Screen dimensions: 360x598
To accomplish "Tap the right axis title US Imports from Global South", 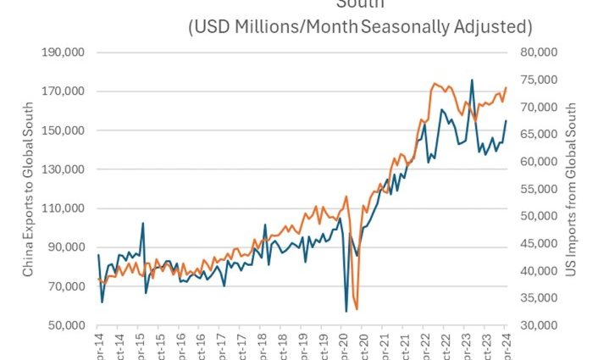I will (572, 189).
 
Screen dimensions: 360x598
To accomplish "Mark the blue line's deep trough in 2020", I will (346, 311).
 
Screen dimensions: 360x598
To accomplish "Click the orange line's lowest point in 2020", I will (357, 309).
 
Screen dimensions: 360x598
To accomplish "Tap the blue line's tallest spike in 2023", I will (472, 80).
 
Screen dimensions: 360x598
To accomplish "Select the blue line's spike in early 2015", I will (142, 223).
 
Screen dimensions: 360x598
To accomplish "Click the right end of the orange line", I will (506, 87).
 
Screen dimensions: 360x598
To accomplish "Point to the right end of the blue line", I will (506, 120).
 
